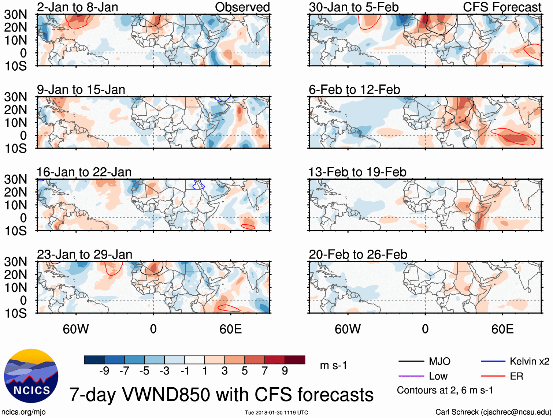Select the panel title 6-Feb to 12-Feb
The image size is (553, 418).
click(x=354, y=90)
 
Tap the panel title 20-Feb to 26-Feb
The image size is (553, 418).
click(x=358, y=254)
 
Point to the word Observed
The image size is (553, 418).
click(x=242, y=7)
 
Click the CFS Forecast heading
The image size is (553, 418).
click(x=502, y=7)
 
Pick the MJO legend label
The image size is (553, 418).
click(x=439, y=362)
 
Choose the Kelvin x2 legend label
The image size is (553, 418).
click(x=529, y=362)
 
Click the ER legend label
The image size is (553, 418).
click(x=516, y=376)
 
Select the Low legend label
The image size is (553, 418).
click(x=438, y=376)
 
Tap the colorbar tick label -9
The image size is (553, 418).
click(x=104, y=371)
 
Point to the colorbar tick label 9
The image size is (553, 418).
click(x=285, y=371)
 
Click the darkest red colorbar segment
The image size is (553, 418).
click(x=295, y=360)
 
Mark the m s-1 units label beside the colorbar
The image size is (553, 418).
click(x=333, y=365)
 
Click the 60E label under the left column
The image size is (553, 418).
click(x=230, y=329)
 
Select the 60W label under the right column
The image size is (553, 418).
click(x=348, y=329)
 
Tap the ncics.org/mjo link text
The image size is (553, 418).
click(x=23, y=412)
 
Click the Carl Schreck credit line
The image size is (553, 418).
click(x=493, y=412)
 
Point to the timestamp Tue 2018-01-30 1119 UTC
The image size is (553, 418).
click(x=276, y=413)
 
